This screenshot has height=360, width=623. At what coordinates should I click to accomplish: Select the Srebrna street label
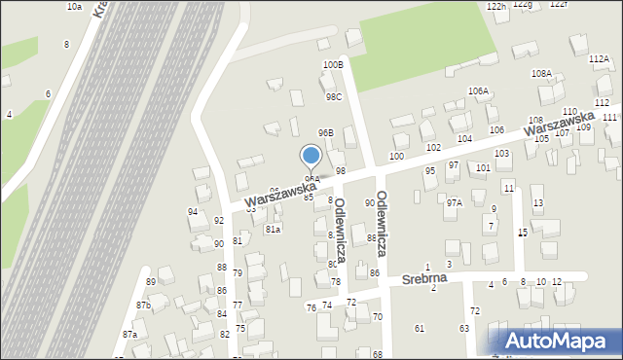pos(429,279)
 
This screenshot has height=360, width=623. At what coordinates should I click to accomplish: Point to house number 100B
pos(333,64)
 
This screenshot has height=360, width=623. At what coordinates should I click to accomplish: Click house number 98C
pos(334,97)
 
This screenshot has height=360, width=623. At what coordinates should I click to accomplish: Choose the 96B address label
pos(326,132)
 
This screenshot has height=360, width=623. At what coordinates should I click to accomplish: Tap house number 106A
pos(478,90)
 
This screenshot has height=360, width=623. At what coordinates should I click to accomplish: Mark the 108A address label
pos(541,73)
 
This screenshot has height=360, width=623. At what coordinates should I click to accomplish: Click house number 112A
pos(599,58)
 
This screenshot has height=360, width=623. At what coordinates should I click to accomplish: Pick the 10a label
pos(74,7)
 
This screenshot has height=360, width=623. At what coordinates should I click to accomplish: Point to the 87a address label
pos(129,334)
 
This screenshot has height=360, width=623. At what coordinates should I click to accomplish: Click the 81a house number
pos(273,230)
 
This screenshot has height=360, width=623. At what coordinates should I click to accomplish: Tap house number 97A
pos(454,203)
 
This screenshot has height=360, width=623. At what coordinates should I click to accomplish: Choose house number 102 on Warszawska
pos(433,147)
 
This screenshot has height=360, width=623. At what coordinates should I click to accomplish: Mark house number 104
pos(465,139)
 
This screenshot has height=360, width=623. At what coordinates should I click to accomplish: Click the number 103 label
pos(502,154)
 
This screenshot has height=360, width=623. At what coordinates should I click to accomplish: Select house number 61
pos(420,328)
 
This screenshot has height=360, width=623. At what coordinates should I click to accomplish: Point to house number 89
pos(151,282)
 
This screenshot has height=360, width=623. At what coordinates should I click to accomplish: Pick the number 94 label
pos(193,211)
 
